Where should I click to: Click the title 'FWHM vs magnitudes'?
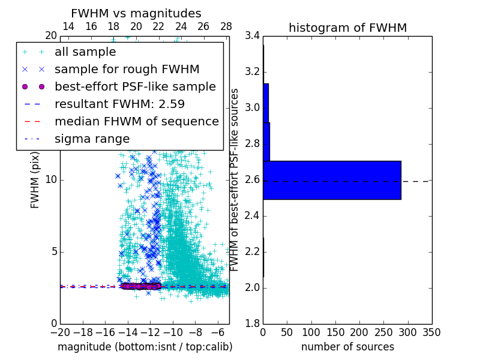(136, 13)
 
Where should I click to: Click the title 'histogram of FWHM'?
(347, 28)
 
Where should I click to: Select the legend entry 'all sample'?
(85, 52)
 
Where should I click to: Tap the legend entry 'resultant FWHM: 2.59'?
(119, 104)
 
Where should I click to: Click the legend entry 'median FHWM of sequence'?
(136, 121)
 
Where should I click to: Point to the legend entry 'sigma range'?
(92, 139)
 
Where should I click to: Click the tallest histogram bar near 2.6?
(332, 180)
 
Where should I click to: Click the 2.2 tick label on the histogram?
(253, 251)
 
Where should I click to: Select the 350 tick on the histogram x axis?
(431, 332)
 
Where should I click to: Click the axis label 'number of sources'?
(347, 347)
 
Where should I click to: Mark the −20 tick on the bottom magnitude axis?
(60, 332)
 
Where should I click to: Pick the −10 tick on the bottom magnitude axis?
(173, 332)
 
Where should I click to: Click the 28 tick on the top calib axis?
(226, 26)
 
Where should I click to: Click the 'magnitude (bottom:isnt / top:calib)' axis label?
(145, 347)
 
